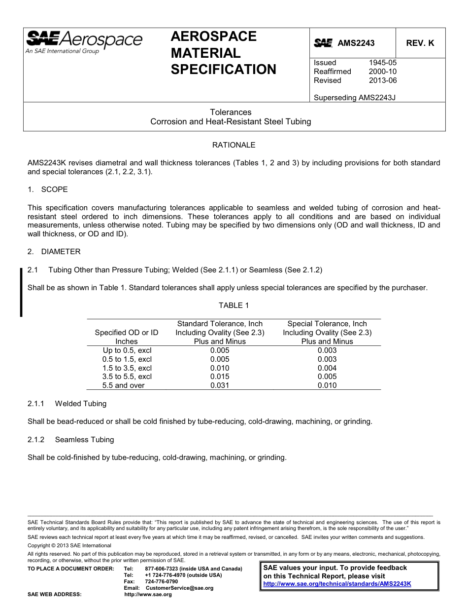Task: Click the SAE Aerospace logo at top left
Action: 84,41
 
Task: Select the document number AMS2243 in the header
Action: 356,43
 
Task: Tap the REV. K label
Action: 420,43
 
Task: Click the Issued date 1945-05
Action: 382,63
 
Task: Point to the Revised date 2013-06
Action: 382,80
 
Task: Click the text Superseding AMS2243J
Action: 354,97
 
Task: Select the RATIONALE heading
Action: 234,145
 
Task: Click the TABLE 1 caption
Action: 234,305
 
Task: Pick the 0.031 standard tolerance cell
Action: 220,385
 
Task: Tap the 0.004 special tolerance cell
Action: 327,368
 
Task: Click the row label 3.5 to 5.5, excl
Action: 127,377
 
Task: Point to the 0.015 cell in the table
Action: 220,377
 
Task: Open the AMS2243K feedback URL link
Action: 337,584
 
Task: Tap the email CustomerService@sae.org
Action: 176,588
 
